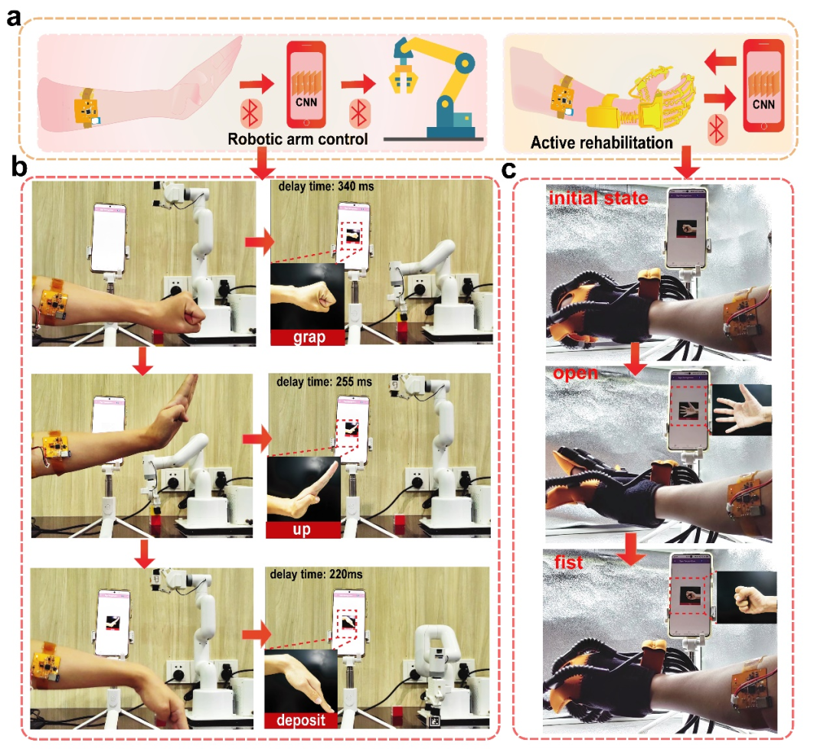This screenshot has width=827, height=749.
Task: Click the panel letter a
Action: [14, 18]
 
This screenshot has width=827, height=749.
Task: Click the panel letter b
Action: [19, 168]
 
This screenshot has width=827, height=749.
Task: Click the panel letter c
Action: [508, 170]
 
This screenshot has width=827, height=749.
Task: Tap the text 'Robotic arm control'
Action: [297, 139]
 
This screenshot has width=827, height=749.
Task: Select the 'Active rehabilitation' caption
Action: [601, 143]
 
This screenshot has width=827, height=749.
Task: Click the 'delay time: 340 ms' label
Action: [326, 187]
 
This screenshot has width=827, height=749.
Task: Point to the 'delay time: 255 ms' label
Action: [324, 382]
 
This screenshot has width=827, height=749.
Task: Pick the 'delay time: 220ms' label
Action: [316, 575]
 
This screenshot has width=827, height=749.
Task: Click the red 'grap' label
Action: [309, 337]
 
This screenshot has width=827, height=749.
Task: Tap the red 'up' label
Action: [302, 529]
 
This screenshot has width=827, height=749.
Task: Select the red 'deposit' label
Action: [301, 720]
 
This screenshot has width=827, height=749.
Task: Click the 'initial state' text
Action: [598, 198]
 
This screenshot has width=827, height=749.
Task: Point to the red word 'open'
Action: [575, 373]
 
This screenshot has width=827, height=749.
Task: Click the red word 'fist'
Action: [568, 562]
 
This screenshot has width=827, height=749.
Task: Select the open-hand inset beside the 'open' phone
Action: [741, 409]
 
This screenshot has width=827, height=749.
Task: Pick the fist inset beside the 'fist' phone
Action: [747, 598]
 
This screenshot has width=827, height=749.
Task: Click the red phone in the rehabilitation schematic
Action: [763, 86]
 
